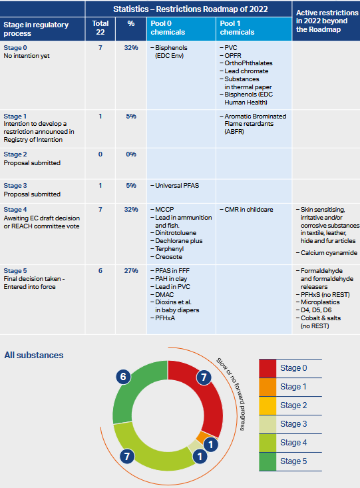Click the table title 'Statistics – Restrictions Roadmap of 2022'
190,9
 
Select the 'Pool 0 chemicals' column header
168,28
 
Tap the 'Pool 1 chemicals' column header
237,28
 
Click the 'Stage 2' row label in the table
15,154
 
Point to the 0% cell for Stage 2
131,154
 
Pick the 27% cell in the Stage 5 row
131,271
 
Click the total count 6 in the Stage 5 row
100,271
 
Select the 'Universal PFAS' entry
175,186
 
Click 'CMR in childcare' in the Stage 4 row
246,210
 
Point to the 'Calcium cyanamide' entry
327,253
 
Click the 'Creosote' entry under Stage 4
166,257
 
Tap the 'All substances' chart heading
33,355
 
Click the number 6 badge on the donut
123,377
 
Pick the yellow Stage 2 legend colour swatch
268,405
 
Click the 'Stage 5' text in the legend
293,461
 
